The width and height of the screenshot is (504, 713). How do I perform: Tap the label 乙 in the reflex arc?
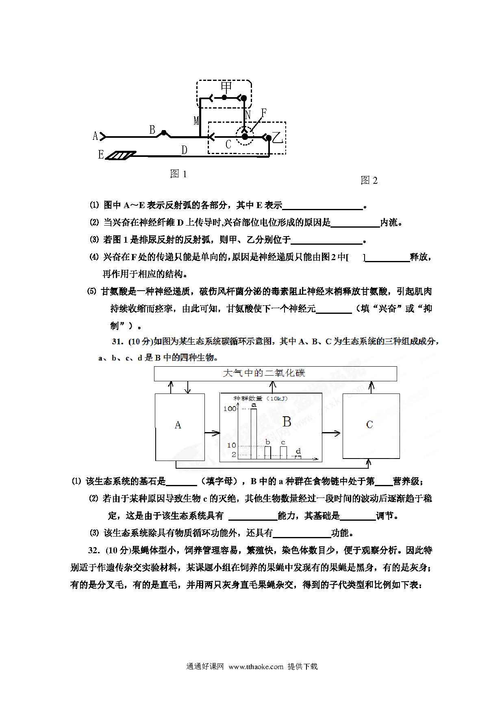click(x=278, y=138)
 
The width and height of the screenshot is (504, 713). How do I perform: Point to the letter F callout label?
click(x=264, y=113)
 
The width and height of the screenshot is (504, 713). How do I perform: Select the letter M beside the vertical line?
click(x=196, y=121)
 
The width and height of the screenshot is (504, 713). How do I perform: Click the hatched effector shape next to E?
click(x=121, y=155)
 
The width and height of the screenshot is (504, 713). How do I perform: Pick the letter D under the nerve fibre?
click(x=184, y=150)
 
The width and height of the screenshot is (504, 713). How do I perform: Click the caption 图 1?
click(x=178, y=174)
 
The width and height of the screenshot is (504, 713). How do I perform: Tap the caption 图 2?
click(x=369, y=180)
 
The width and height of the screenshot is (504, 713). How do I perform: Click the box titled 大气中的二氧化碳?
click(x=275, y=374)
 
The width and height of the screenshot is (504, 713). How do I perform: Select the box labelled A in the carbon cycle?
click(x=180, y=427)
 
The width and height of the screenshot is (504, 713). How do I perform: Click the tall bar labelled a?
click(x=254, y=434)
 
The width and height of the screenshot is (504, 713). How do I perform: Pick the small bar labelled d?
click(x=298, y=458)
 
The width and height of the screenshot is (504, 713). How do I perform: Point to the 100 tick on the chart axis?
click(x=230, y=409)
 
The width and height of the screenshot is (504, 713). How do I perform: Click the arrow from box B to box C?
click(x=331, y=433)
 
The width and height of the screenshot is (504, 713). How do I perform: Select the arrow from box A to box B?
click(x=212, y=433)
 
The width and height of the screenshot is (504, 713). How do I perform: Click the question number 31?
click(x=117, y=341)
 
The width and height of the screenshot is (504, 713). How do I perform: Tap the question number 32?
click(x=94, y=550)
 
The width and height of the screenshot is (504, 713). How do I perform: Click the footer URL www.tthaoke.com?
click(x=256, y=666)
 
